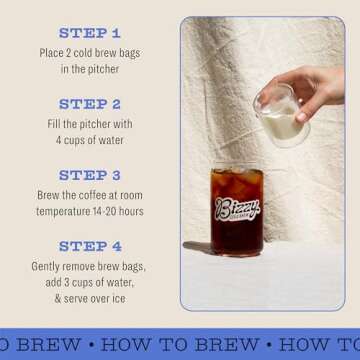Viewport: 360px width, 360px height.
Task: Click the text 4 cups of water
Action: point(89,140)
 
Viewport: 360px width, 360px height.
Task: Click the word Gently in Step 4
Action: point(50,266)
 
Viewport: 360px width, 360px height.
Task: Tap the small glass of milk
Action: point(279,118)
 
